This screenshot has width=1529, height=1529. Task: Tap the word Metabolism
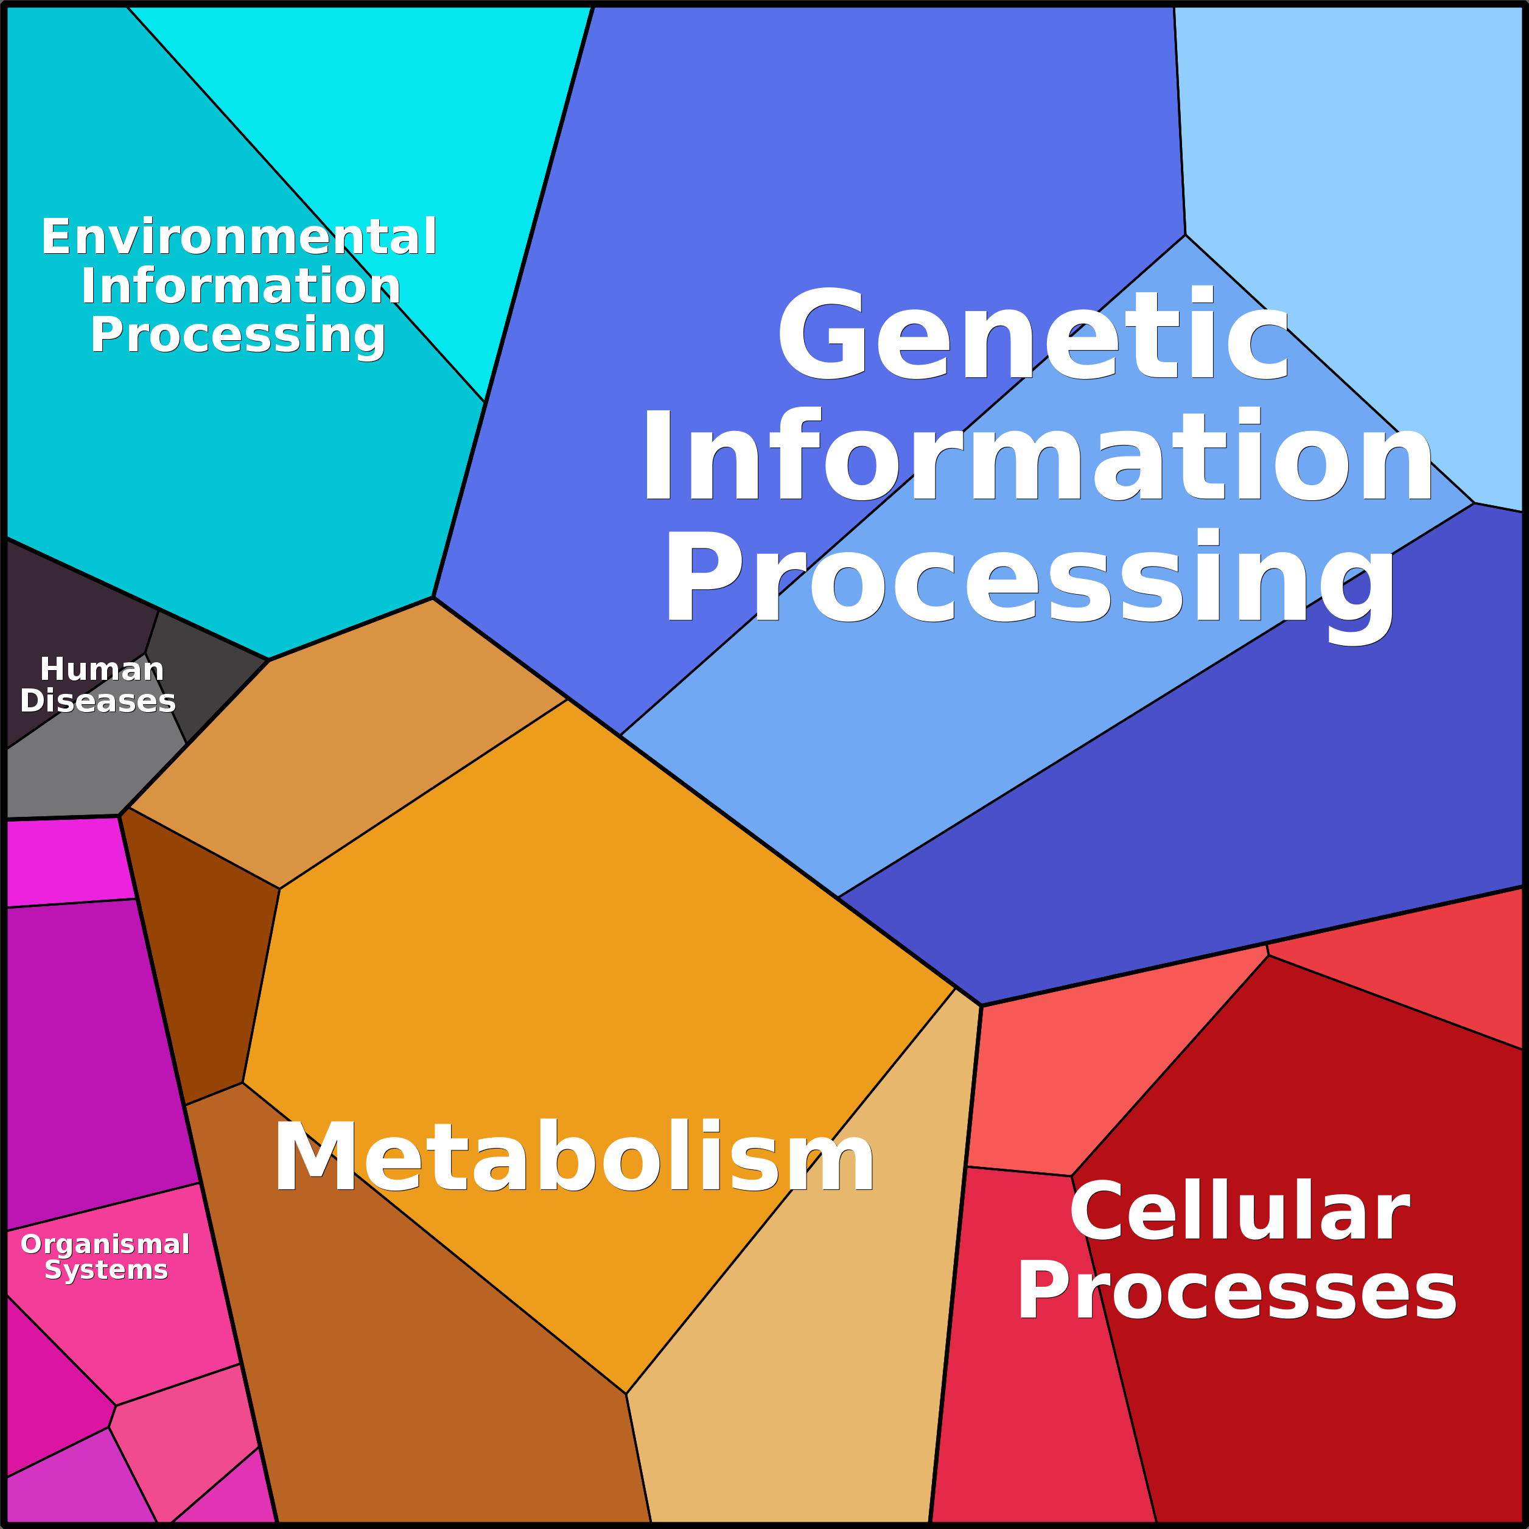coord(574,1158)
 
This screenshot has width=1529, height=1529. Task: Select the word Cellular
coord(1239,1212)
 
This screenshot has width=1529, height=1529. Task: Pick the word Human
coord(102,670)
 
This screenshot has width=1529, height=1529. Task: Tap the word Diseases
coord(97,701)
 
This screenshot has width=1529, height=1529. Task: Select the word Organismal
coord(105,1244)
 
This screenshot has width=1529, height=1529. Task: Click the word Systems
coord(106,1270)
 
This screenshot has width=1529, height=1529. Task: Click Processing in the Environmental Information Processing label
coord(237,335)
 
